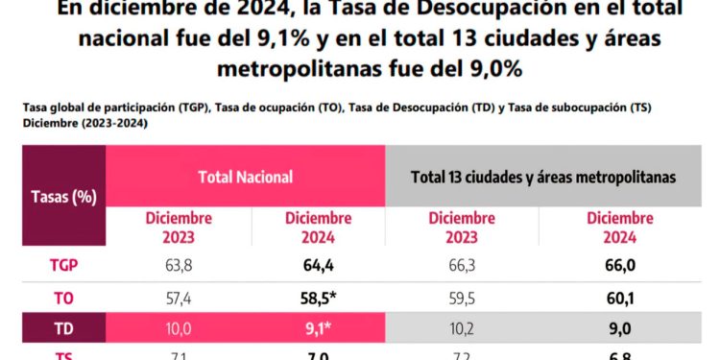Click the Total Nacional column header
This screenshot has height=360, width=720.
click(246, 177)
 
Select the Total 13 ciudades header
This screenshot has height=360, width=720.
click(543, 177)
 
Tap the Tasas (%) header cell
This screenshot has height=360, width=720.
click(64, 197)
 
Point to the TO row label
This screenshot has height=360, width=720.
click(64, 297)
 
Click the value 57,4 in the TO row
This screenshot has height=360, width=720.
click(180, 298)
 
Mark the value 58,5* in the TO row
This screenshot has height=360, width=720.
click(318, 298)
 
